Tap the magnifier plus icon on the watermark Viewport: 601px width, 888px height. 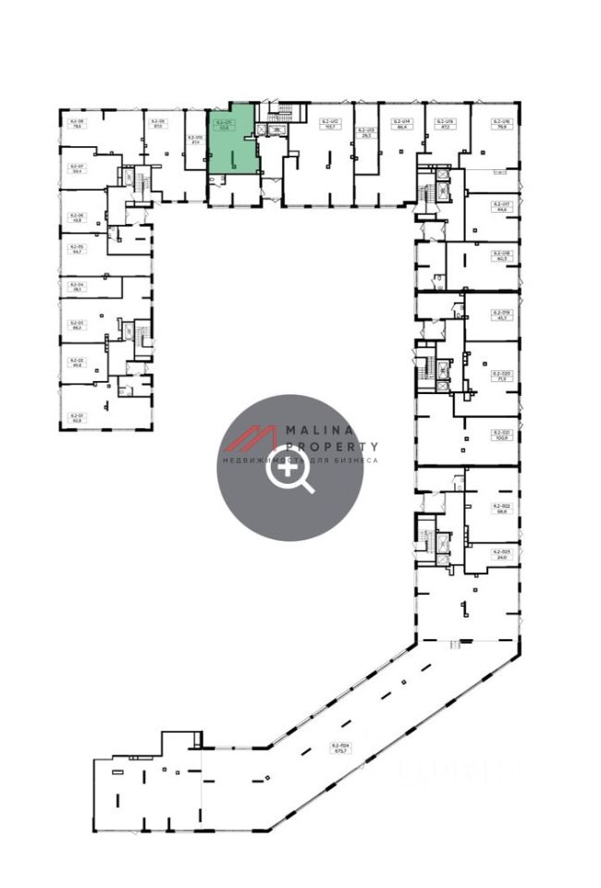289,472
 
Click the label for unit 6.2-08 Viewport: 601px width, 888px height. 76,124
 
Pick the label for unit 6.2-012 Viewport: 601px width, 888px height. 330,124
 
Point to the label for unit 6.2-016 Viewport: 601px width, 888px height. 502,124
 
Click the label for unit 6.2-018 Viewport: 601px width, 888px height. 502,255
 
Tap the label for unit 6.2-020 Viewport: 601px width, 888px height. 502,376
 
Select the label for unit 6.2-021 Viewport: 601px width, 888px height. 502,435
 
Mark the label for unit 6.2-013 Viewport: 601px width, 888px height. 365,132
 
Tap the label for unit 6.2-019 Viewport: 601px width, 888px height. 502,315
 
